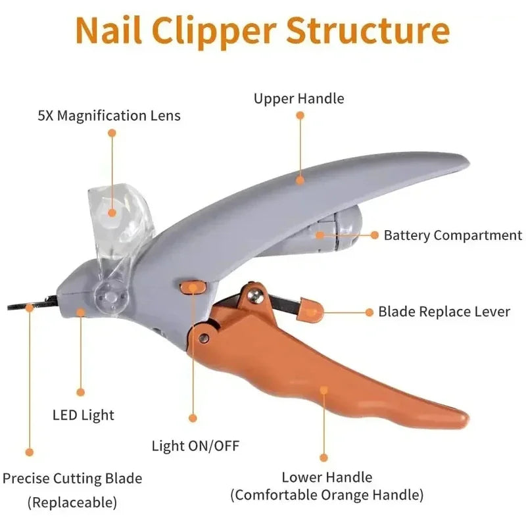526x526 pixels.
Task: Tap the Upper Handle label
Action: pyautogui.click(x=299, y=99)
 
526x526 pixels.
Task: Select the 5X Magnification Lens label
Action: pyautogui.click(x=109, y=116)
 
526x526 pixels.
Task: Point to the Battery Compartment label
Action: pyautogui.click(x=453, y=235)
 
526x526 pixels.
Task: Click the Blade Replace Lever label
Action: pyautogui.click(x=444, y=311)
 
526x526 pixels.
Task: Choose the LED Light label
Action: pyautogui.click(x=84, y=415)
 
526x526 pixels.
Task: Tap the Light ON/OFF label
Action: pyautogui.click(x=196, y=446)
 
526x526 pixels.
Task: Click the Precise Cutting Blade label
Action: pyautogui.click(x=72, y=478)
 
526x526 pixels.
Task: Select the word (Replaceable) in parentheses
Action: pyautogui.click(x=72, y=503)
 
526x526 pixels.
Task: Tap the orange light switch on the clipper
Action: pyautogui.click(x=191, y=287)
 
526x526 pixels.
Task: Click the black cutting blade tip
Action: pyautogui.click(x=20, y=306)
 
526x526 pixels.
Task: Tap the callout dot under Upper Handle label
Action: pyautogui.click(x=300, y=115)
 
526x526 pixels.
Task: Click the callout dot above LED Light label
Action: pyautogui.click(x=81, y=392)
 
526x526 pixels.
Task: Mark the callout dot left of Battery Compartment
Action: pyautogui.click(x=374, y=235)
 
